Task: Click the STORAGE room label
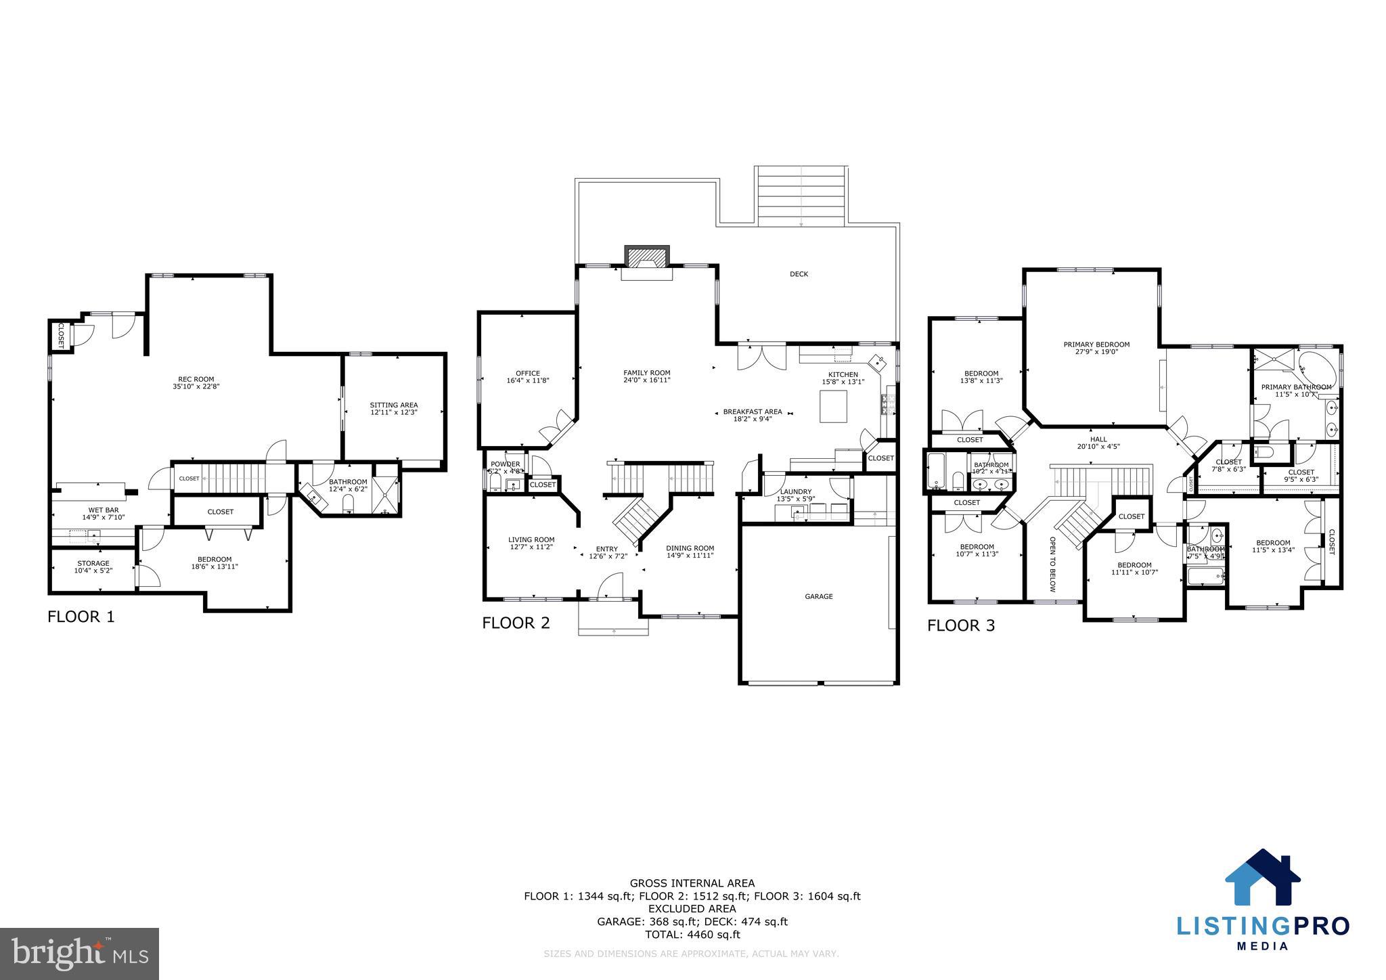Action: click(93, 563)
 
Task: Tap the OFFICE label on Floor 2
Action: click(527, 373)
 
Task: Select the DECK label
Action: click(799, 274)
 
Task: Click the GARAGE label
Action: click(818, 596)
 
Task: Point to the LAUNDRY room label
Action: click(795, 492)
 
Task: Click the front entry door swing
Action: click(611, 585)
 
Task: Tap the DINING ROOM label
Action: click(690, 548)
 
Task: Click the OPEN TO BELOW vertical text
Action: click(1052, 564)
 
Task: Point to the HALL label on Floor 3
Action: click(1098, 439)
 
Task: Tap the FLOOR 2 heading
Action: click(516, 623)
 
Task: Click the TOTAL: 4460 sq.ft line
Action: click(692, 935)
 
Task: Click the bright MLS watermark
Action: click(79, 954)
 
